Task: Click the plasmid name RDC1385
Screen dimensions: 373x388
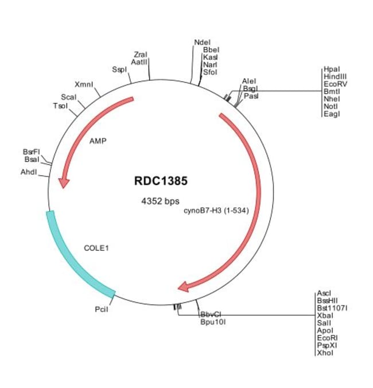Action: pyautogui.click(x=161, y=181)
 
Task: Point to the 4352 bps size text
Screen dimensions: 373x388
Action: pyautogui.click(x=160, y=201)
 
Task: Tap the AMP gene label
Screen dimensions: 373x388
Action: pyautogui.click(x=98, y=141)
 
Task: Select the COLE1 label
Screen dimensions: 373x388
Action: pyautogui.click(x=96, y=248)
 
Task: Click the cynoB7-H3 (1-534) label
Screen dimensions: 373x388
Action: pyautogui.click(x=216, y=211)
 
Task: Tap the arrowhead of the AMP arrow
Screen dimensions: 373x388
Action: pyautogui.click(x=63, y=183)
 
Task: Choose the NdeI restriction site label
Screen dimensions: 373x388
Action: pyautogui.click(x=203, y=42)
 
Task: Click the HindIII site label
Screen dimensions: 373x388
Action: pyautogui.click(x=335, y=77)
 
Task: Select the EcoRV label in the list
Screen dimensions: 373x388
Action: pyautogui.click(x=335, y=84)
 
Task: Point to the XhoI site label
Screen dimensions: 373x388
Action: pyautogui.click(x=325, y=353)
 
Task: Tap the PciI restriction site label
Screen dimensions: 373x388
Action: pyautogui.click(x=102, y=309)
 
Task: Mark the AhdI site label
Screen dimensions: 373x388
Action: pyautogui.click(x=29, y=172)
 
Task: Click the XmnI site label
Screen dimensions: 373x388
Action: pyautogui.click(x=84, y=84)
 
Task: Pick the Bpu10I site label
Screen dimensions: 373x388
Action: pyautogui.click(x=213, y=322)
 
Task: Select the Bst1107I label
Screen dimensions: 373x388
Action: pyautogui.click(x=332, y=308)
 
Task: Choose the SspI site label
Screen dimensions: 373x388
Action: pyautogui.click(x=119, y=69)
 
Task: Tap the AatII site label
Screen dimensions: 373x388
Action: pyautogui.click(x=139, y=62)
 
